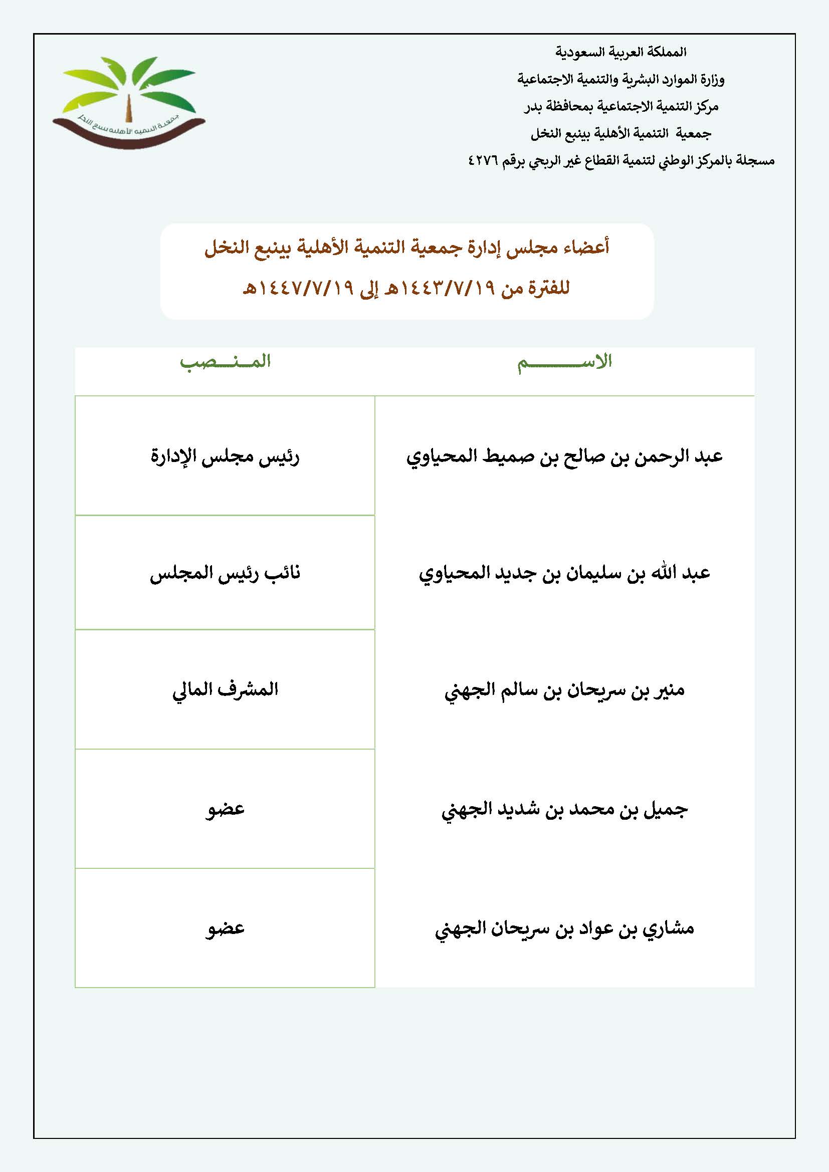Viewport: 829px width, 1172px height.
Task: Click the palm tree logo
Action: pyautogui.click(x=129, y=101)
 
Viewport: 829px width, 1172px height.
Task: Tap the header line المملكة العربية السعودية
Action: pyautogui.click(x=620, y=52)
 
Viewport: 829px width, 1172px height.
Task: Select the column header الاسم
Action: pyautogui.click(x=564, y=362)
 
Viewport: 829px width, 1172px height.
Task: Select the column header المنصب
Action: pyautogui.click(x=225, y=362)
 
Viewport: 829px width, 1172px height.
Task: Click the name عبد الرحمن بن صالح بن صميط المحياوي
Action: pyautogui.click(x=564, y=456)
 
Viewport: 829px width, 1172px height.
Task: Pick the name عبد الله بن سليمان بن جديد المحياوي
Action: pyautogui.click(x=564, y=573)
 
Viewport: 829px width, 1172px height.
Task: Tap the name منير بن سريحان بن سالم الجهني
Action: pyautogui.click(x=564, y=690)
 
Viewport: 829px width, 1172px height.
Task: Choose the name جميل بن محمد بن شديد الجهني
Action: pyautogui.click(x=564, y=810)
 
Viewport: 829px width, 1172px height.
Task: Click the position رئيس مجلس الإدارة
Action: pyautogui.click(x=225, y=456)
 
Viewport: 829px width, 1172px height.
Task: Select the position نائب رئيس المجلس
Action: pyautogui.click(x=225, y=573)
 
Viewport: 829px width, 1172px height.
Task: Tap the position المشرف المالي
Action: pyautogui.click(x=225, y=690)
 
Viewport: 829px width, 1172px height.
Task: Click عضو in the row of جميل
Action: pyautogui.click(x=225, y=810)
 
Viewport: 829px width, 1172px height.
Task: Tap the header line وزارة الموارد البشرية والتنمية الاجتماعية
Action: pyautogui.click(x=620, y=80)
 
